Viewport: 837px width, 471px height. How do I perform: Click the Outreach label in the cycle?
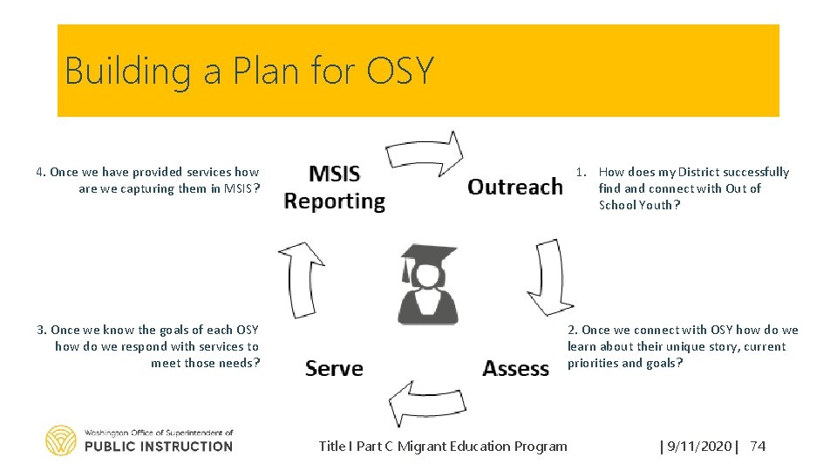click(514, 187)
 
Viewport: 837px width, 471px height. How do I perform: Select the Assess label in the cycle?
click(515, 368)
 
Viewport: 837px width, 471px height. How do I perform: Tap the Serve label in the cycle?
click(334, 368)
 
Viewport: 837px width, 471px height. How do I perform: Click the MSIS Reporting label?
click(334, 188)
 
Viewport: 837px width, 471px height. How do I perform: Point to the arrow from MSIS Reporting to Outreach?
click(425, 153)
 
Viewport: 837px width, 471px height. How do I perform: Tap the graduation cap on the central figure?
click(427, 256)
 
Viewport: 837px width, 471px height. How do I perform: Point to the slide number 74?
click(758, 447)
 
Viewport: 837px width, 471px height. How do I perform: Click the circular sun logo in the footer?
click(61, 440)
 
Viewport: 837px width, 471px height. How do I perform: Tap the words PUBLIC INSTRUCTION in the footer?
click(159, 447)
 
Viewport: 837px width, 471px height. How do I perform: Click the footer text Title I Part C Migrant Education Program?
click(443, 447)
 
